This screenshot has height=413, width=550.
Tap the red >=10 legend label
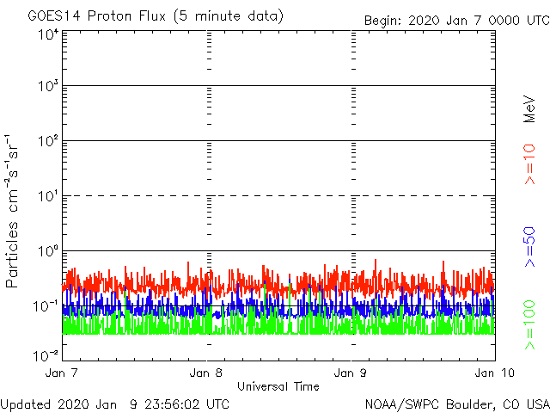coord(530,163)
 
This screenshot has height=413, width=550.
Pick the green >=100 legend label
coord(530,326)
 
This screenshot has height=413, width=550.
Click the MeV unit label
coord(530,108)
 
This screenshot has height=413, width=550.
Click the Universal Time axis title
coord(278,386)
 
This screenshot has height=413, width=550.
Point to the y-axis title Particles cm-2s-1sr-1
coord(13,211)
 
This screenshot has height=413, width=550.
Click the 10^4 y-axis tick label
coord(47,34)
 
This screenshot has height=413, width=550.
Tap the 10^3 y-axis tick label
coord(47,87)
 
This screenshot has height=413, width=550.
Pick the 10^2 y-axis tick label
coord(47,142)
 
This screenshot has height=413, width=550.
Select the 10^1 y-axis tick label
coord(47,197)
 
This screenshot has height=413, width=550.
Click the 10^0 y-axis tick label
coord(47,252)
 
